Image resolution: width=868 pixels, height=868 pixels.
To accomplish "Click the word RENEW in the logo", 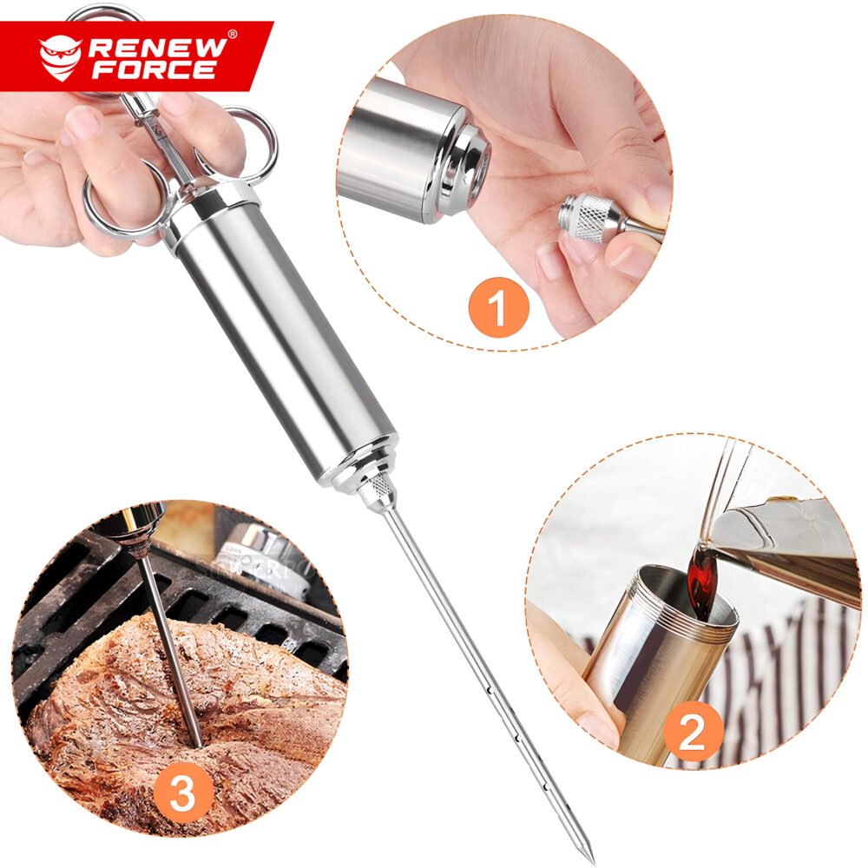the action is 156,48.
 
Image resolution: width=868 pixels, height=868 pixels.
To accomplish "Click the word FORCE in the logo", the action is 154,69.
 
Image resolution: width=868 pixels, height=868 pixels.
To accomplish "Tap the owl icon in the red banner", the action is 61,58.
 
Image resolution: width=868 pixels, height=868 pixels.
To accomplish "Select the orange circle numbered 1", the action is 499,307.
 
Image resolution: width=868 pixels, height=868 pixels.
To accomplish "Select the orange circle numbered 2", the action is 693,732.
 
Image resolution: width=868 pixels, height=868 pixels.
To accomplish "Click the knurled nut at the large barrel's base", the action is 381,487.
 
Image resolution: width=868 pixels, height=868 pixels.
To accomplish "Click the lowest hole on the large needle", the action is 545,786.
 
